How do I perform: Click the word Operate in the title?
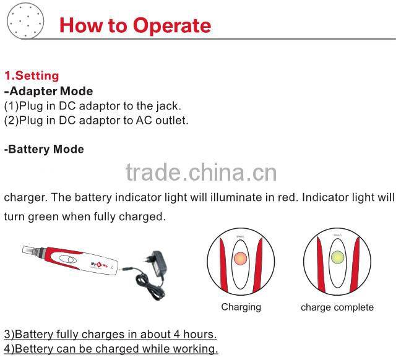pos(172,26)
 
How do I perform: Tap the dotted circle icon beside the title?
pos(25,21)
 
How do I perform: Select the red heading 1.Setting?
pos(32,75)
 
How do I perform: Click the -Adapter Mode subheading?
pos(49,92)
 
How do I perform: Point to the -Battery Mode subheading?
pos(44,149)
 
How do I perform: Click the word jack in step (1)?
pos(168,106)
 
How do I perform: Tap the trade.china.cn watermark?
pos(201,173)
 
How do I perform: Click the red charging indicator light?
pos(240,258)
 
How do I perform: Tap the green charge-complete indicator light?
pos(338,257)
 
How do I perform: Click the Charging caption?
pos(241,307)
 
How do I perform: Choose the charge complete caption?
pos(337,307)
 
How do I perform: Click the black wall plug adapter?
pos(158,264)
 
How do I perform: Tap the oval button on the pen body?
pos(68,260)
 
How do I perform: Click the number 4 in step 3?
pos(177,334)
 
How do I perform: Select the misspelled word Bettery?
pos(34,349)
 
